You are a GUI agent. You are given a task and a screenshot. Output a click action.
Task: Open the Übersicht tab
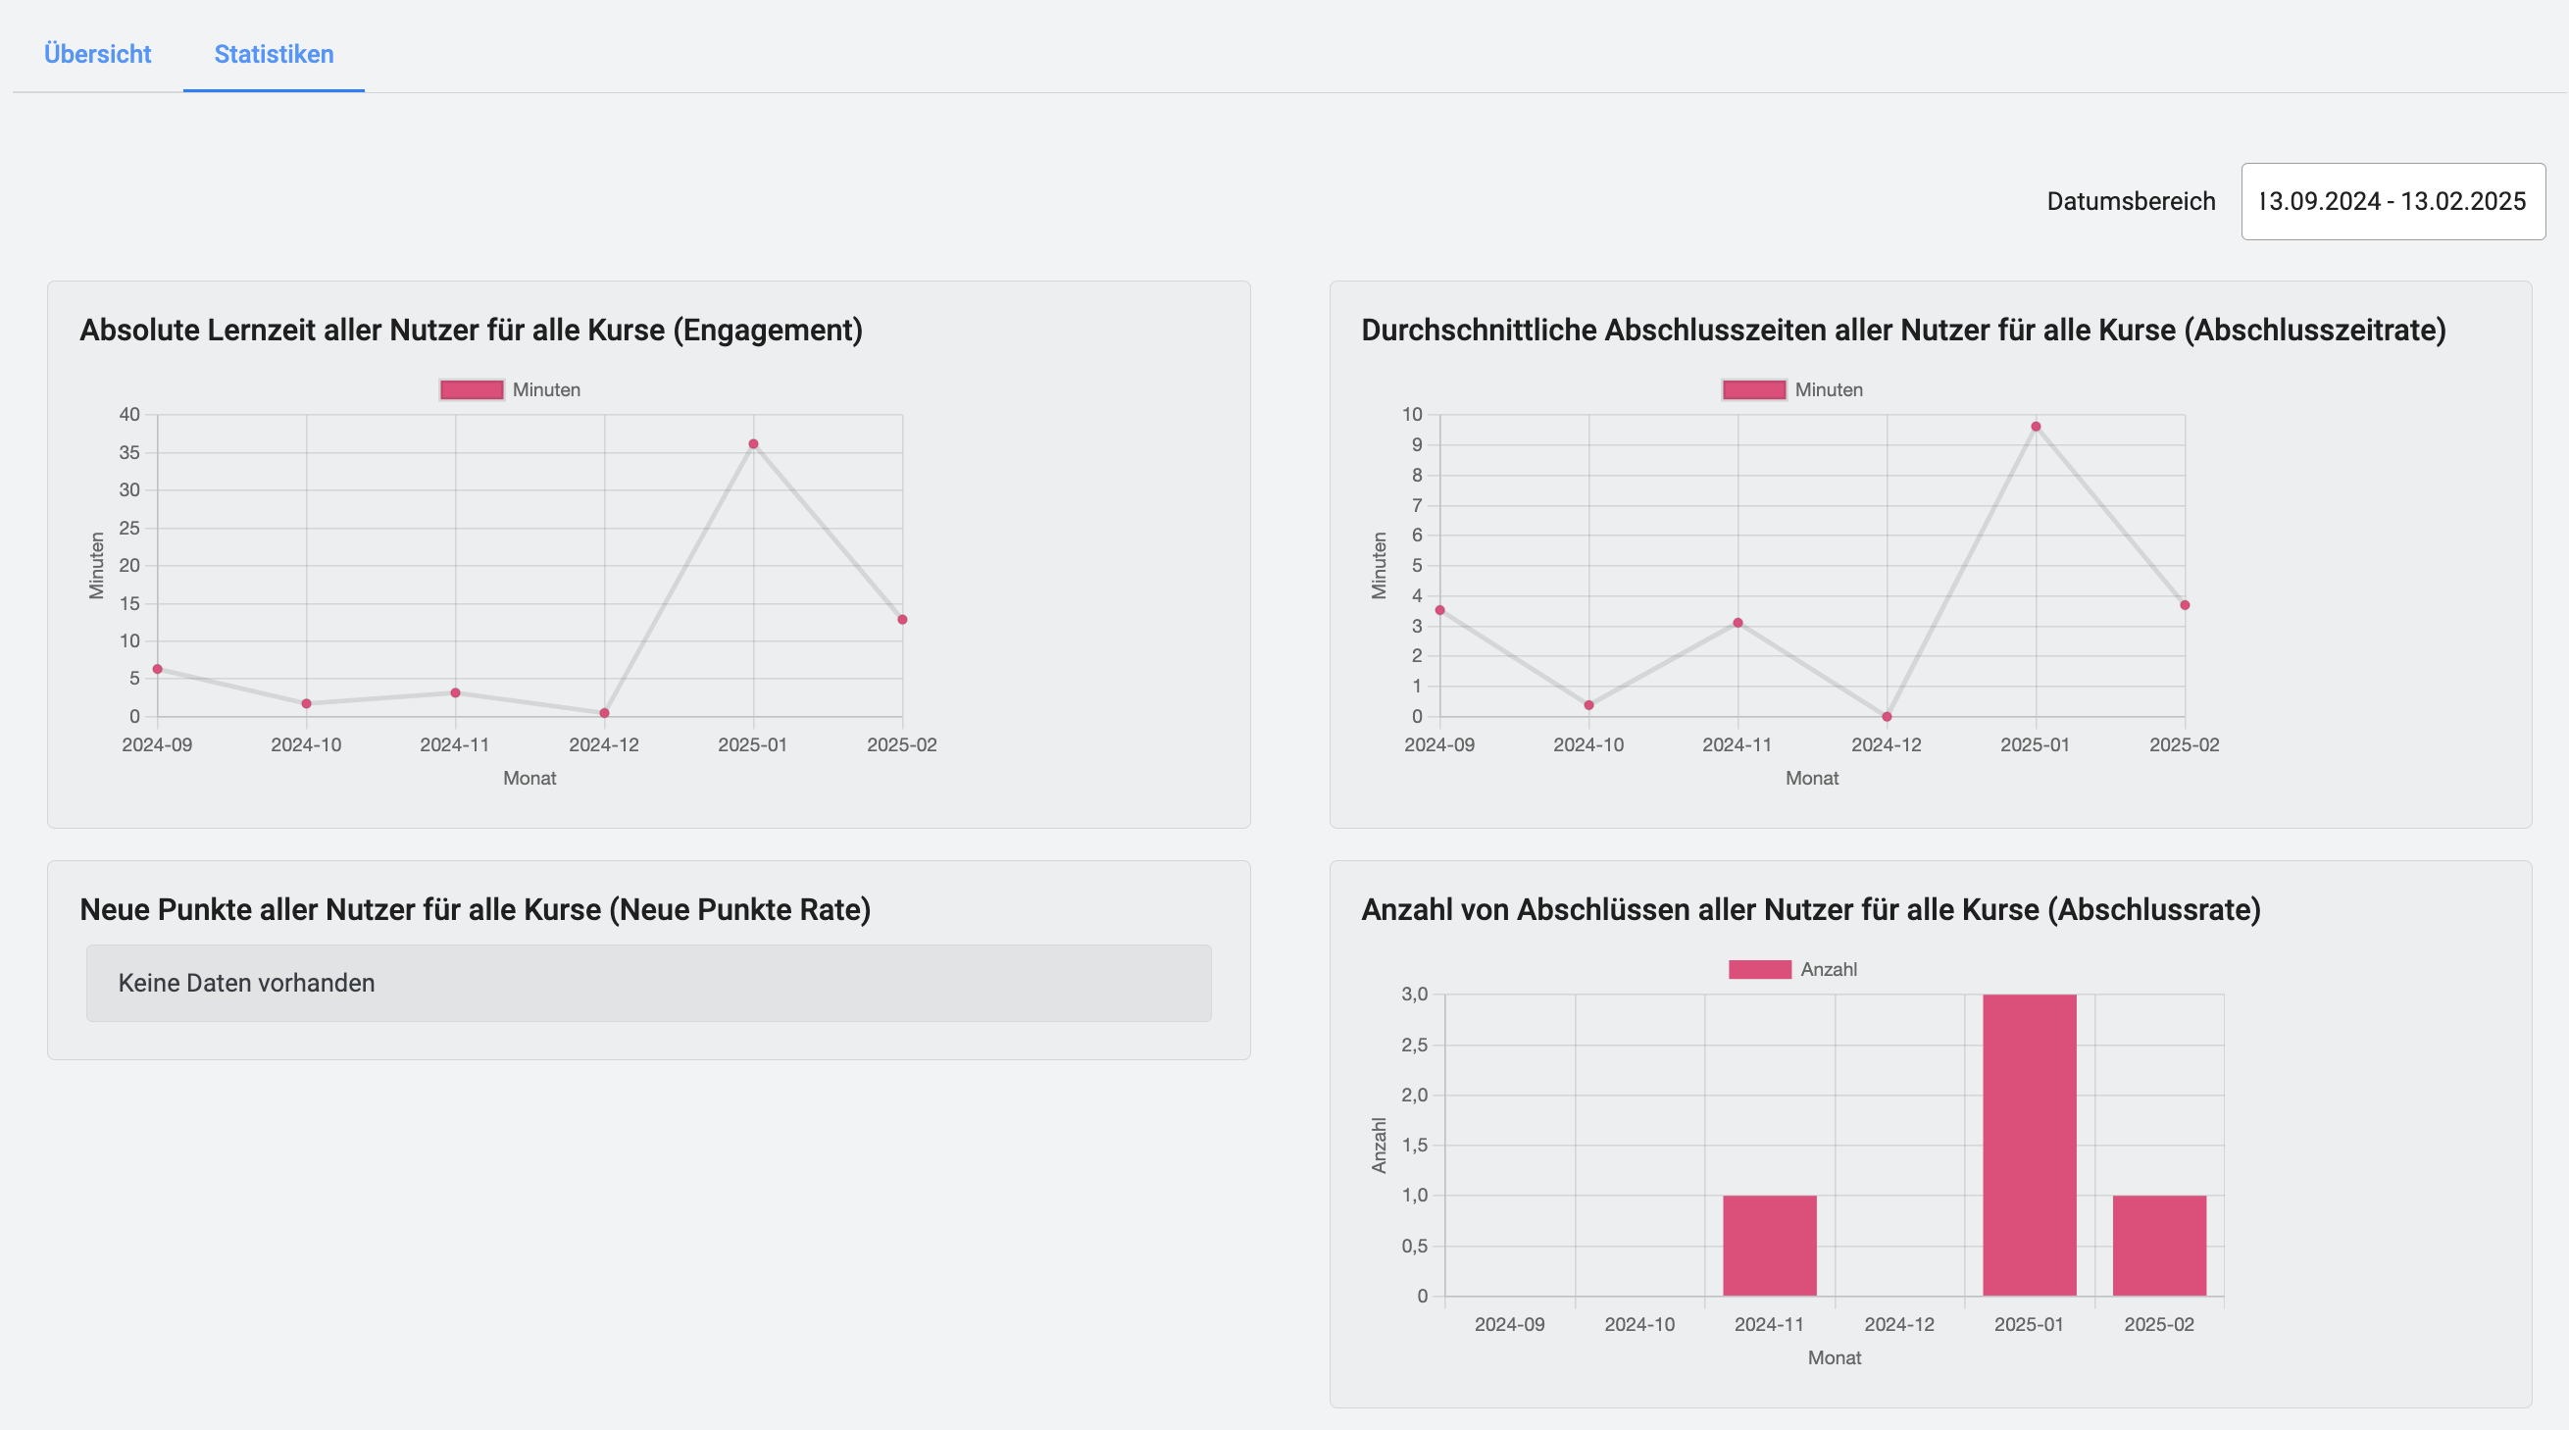[x=97, y=54]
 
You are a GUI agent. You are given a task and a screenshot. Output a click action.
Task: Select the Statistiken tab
[x=274, y=54]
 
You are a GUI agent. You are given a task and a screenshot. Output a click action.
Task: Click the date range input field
[x=2392, y=201]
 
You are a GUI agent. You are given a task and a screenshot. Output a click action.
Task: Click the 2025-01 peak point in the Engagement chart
[x=753, y=443]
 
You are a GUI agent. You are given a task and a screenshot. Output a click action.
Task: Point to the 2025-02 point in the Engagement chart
[x=901, y=619]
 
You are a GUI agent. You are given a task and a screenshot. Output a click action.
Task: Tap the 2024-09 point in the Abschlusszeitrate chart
[x=1439, y=610]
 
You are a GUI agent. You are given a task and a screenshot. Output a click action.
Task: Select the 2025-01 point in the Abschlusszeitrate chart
[x=2036, y=427]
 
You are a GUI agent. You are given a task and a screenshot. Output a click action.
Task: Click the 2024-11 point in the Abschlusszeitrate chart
[x=1738, y=623]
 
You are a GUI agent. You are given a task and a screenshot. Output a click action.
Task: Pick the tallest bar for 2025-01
[x=2029, y=1145]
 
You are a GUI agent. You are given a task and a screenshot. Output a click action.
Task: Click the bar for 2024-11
[x=1769, y=1246]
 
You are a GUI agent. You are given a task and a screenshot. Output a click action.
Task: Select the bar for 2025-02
[x=2158, y=1246]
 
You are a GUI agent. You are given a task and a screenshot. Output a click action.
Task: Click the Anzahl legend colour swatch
[x=1759, y=969]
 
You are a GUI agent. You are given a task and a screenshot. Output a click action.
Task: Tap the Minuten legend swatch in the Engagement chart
[x=472, y=390]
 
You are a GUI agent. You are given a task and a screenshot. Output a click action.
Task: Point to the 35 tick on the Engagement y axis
[x=129, y=453]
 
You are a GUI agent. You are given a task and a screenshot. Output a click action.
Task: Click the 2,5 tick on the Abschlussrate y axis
[x=1414, y=1046]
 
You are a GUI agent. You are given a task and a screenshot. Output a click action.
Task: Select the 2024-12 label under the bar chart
[x=1899, y=1324]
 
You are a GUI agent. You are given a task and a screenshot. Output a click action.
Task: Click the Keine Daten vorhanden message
[x=246, y=984]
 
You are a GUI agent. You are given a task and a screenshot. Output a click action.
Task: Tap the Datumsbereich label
[x=2130, y=201]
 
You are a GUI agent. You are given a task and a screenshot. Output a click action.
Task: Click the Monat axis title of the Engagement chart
[x=529, y=778]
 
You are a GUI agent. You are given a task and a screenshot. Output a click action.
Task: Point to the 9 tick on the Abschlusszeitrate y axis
[x=1416, y=444]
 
